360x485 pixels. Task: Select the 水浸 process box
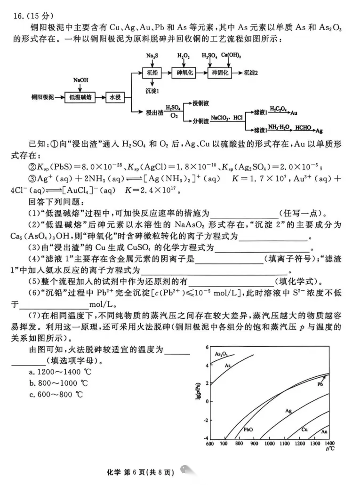[115, 97]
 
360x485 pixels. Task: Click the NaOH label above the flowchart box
[80, 80]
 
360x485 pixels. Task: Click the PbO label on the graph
[248, 429]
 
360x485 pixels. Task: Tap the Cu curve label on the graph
[304, 429]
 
